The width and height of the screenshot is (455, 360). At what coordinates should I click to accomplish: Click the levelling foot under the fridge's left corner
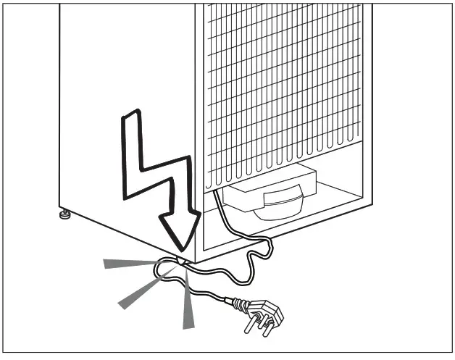(66, 214)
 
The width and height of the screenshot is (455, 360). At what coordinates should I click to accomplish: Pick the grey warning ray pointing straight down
(188, 308)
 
